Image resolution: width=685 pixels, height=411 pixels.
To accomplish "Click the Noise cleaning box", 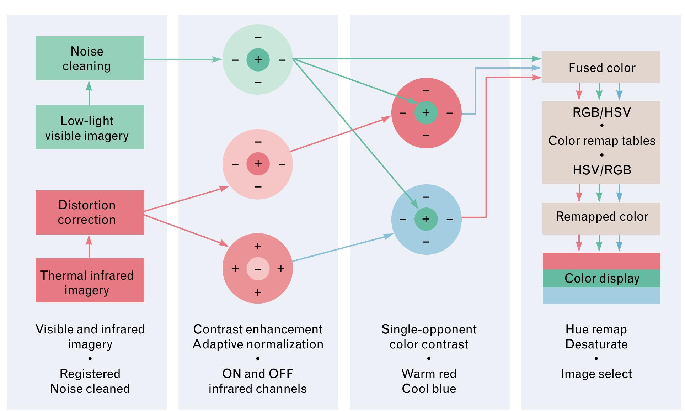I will (x=90, y=58).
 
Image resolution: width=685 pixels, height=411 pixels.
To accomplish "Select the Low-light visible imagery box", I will (x=90, y=127).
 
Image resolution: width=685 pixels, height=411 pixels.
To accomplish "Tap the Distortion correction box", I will (x=90, y=212).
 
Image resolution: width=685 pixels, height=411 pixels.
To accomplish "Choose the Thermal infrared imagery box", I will (x=90, y=280).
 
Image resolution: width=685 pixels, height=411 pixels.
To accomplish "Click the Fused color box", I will (x=601, y=67).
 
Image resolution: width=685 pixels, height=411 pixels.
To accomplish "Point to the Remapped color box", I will (x=601, y=217).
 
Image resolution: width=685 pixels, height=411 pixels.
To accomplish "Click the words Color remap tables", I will (x=601, y=141).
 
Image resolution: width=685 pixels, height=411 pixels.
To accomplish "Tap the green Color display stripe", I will (x=601, y=278).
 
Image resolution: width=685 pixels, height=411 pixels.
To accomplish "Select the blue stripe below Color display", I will (x=601, y=296).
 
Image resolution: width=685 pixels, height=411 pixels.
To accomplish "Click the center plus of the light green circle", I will (x=258, y=59).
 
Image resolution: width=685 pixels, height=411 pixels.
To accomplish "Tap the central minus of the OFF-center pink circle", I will (x=258, y=269).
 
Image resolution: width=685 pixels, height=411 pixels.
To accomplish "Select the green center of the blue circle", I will (x=426, y=219).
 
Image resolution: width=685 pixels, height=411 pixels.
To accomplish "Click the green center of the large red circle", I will (x=426, y=113).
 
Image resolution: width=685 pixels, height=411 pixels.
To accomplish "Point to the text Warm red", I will (x=429, y=374).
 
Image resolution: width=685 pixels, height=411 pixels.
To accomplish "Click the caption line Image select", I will (x=596, y=374).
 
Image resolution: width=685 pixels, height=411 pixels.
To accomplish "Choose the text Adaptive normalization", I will (x=258, y=344).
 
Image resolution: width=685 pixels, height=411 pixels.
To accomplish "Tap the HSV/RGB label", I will (x=601, y=170).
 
